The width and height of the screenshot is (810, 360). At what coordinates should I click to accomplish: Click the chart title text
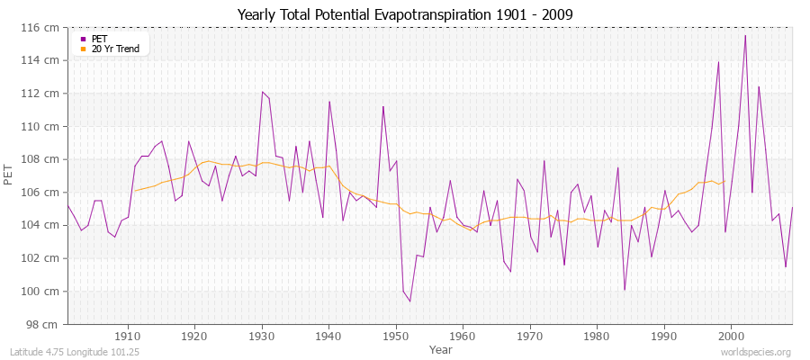(404, 14)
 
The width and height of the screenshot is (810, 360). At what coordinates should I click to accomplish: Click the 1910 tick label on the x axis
(128, 335)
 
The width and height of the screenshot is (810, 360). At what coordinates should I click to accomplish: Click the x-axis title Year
(441, 349)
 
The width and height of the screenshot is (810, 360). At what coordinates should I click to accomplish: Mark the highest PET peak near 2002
(745, 35)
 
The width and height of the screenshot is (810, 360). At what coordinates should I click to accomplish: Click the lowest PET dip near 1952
(409, 301)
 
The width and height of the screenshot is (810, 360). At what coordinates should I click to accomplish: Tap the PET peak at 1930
(262, 92)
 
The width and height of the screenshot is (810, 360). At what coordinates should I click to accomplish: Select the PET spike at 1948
(382, 106)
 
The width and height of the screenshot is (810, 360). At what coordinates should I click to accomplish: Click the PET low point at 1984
(624, 290)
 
